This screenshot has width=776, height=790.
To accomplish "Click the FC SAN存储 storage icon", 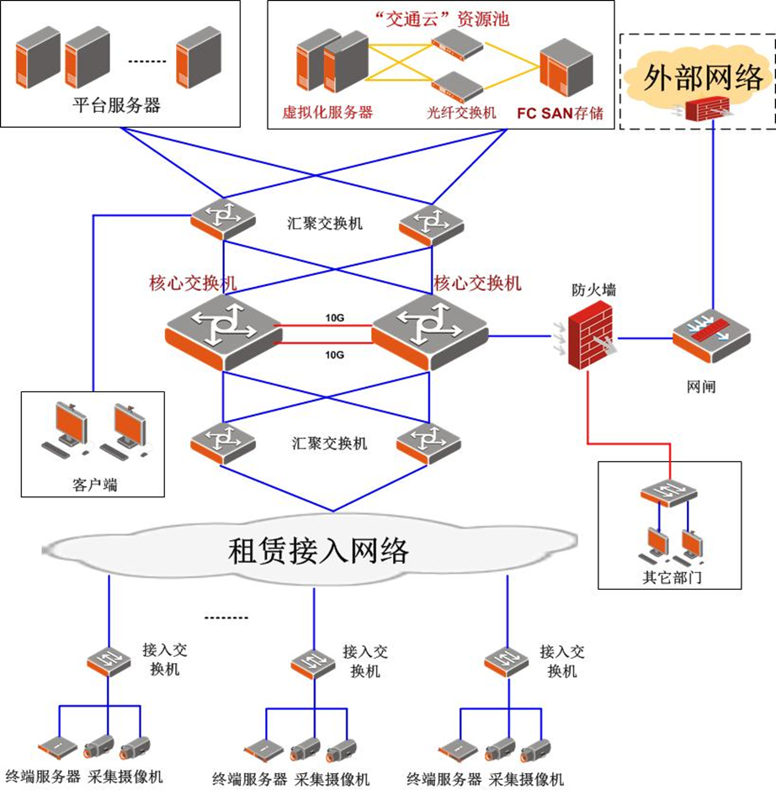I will pyautogui.click(x=562, y=64).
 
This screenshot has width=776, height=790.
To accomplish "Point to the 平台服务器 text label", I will pyautogui.click(x=116, y=106).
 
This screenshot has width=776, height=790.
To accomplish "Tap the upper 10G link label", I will pyautogui.click(x=334, y=318).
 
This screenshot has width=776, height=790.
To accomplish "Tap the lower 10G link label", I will pyautogui.click(x=334, y=355).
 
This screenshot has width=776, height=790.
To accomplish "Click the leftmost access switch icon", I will pyautogui.click(x=109, y=663).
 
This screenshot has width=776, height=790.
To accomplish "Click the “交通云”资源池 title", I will pyautogui.click(x=440, y=19).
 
